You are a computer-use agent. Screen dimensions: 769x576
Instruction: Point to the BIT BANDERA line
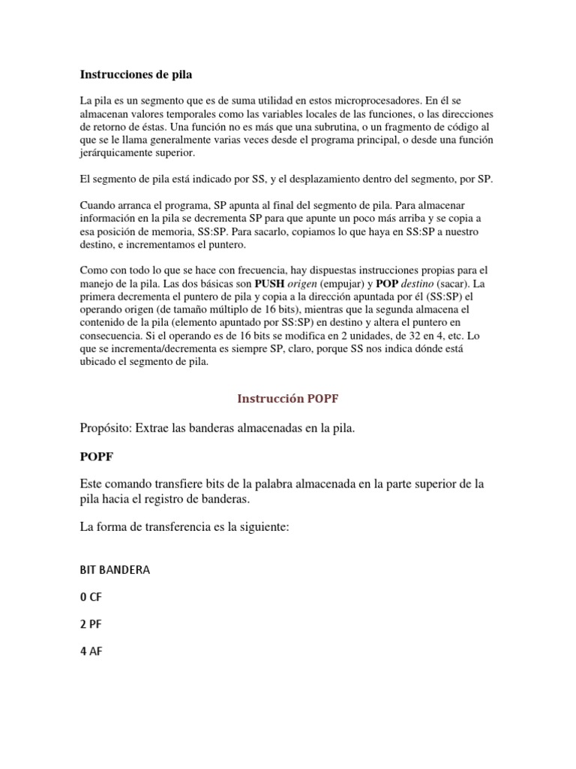coord(115,569)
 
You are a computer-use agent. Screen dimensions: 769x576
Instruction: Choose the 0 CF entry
coord(90,597)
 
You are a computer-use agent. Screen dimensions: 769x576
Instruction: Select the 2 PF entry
coord(90,624)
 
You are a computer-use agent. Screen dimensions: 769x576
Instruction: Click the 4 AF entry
coord(91,651)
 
